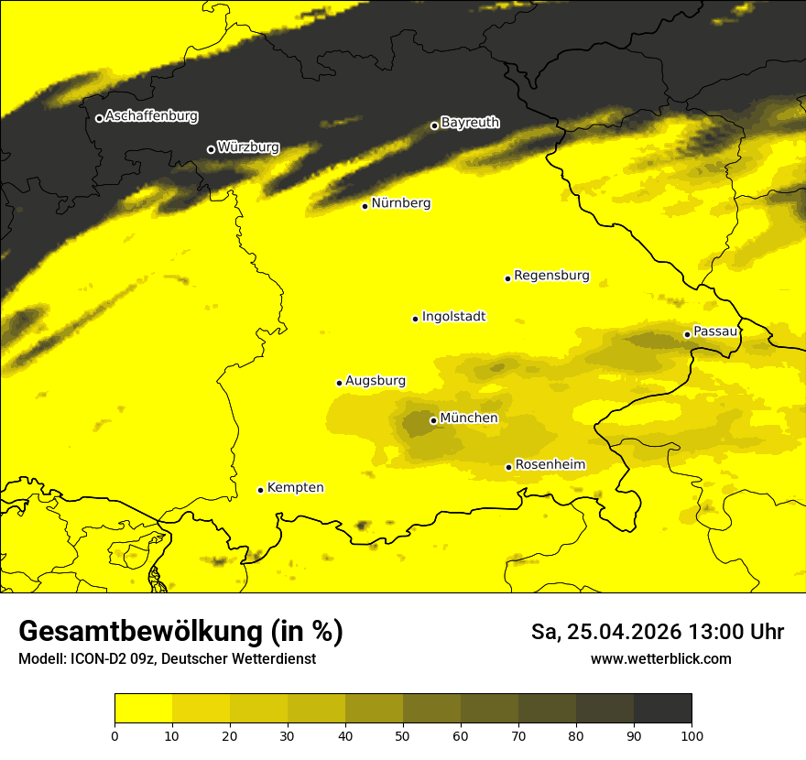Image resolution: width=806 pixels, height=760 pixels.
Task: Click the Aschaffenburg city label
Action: tap(151, 116)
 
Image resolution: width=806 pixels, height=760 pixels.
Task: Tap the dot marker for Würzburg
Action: tap(211, 149)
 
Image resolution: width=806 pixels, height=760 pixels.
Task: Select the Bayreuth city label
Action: tap(470, 122)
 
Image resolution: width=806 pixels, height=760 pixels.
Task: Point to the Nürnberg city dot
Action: tap(365, 206)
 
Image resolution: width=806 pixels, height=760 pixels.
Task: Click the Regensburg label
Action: tap(551, 275)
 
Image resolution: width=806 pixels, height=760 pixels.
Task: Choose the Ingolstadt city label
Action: tap(453, 317)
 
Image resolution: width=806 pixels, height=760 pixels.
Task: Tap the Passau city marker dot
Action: tap(687, 334)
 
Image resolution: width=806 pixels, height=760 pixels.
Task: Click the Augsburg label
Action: tap(376, 381)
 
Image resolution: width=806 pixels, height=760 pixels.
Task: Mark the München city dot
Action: tap(433, 420)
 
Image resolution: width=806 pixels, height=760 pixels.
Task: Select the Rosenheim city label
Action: tap(550, 465)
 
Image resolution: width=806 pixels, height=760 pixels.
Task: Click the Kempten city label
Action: tap(295, 488)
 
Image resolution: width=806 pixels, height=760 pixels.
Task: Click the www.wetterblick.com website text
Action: tap(660, 658)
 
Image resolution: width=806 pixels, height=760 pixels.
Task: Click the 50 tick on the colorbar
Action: tap(403, 734)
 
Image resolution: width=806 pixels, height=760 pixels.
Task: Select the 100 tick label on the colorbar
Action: tap(692, 734)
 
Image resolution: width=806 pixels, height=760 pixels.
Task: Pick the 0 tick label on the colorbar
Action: tap(114, 734)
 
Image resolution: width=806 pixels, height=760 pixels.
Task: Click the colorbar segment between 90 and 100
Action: tap(662, 708)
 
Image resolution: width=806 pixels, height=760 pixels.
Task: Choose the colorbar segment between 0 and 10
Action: tap(143, 708)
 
